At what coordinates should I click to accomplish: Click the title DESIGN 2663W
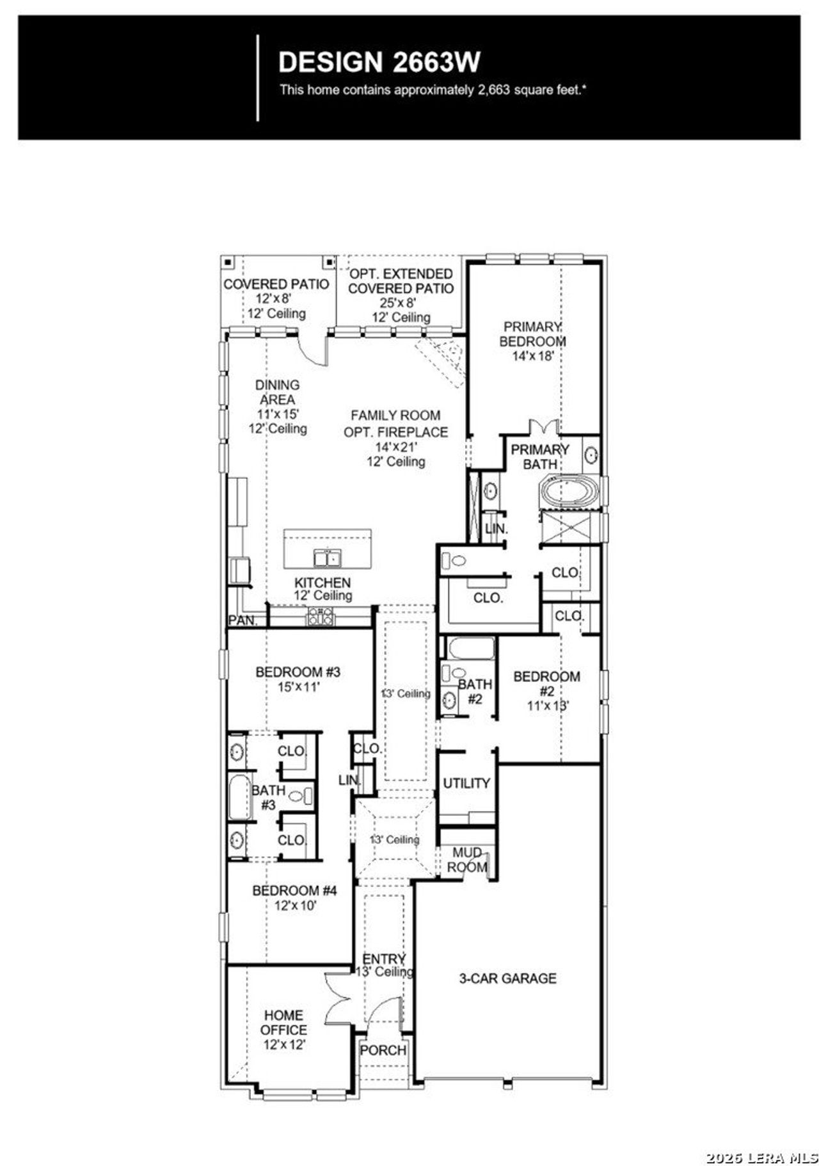[x=379, y=63]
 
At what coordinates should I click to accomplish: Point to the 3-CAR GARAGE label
[x=507, y=978]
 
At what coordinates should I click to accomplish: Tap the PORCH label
[x=383, y=1050]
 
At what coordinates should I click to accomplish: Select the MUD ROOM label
[x=467, y=860]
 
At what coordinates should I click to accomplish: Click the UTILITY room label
[x=466, y=782]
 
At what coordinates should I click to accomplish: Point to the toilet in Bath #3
[x=301, y=796]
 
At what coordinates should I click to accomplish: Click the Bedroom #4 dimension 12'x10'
[x=296, y=905]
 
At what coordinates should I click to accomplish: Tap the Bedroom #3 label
[x=298, y=672]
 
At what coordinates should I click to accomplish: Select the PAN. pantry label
[x=243, y=620]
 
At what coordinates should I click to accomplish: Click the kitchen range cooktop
[x=321, y=617]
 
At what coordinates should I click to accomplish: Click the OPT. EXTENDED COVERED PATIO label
[x=401, y=281]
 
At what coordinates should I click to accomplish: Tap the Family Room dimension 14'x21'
[x=395, y=447]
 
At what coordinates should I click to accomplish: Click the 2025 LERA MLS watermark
[x=761, y=1153]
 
